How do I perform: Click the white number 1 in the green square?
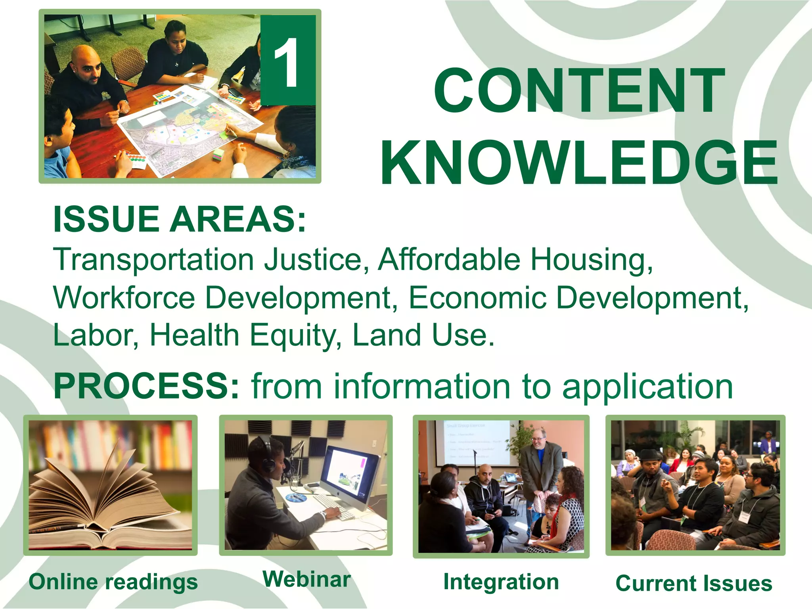coord(286,63)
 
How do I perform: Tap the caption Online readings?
coord(113,582)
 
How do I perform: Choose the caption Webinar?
coord(306,579)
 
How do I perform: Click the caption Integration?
coord(501,582)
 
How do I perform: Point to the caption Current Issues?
coord(694,583)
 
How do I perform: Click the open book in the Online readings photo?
coord(105,500)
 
